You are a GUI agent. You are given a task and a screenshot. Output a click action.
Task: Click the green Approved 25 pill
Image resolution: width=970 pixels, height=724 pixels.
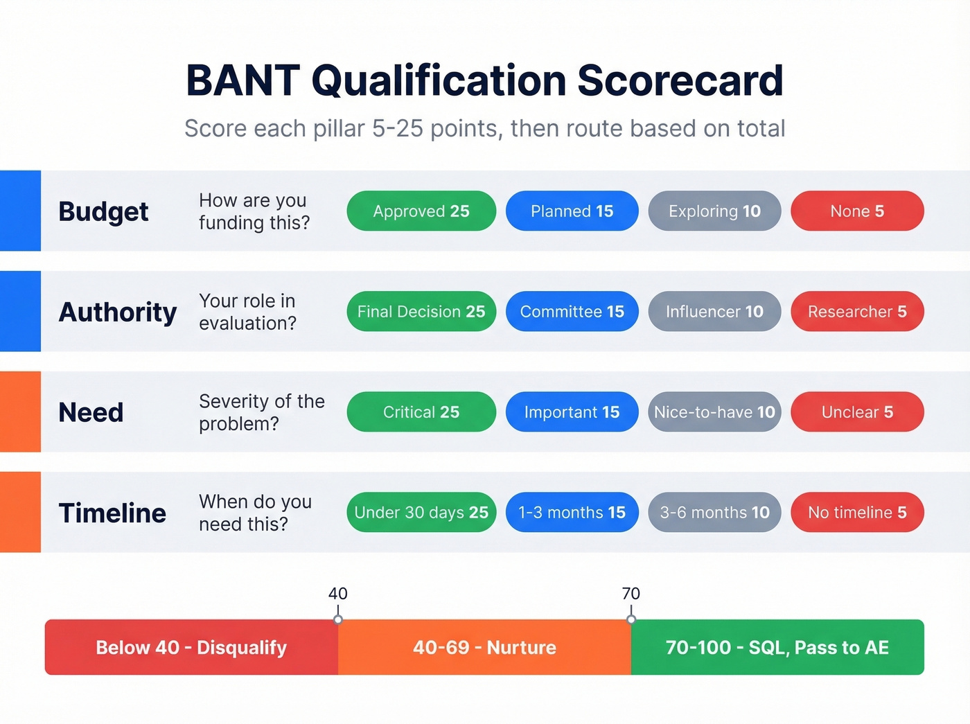point(421,211)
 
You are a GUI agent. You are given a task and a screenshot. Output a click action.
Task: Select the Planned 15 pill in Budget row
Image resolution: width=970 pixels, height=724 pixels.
point(572,211)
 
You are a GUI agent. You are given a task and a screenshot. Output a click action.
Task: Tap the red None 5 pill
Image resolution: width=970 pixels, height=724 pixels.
point(857,211)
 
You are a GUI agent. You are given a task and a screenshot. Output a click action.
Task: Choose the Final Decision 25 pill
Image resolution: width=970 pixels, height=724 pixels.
point(421,312)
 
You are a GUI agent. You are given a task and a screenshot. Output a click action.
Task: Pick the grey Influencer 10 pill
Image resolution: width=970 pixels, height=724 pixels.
point(714,312)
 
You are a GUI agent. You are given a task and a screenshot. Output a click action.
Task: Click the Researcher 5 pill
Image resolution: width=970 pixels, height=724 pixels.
point(857,312)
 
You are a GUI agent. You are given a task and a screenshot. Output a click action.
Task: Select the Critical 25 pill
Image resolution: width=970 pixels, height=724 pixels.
point(421,412)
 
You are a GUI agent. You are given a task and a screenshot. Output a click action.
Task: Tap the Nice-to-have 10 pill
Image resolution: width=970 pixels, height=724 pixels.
point(714,412)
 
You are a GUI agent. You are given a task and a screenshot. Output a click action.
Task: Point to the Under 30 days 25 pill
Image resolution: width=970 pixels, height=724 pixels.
point(421,513)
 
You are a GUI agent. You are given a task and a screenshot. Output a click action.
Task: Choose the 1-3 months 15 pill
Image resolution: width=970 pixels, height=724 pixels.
point(572,513)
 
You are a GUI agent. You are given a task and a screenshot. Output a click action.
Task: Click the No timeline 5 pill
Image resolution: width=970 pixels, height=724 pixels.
point(857,513)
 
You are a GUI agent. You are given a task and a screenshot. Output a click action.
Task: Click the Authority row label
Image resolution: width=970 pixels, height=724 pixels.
point(118,312)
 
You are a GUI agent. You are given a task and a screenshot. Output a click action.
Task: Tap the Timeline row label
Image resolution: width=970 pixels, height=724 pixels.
point(112,513)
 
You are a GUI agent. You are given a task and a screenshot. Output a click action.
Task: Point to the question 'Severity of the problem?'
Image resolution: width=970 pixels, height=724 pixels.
point(261,412)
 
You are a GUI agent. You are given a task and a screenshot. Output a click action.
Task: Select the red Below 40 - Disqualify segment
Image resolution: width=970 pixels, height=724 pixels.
point(191,647)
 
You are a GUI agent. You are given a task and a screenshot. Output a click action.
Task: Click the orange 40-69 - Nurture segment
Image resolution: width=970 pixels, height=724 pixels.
point(484,647)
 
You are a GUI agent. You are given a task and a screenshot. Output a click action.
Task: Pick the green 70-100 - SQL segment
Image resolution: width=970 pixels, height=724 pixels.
point(777,647)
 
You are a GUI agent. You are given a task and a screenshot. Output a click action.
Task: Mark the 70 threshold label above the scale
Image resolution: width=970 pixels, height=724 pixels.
point(630,594)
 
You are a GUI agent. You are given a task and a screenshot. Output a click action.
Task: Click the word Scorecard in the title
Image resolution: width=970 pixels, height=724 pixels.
point(680,80)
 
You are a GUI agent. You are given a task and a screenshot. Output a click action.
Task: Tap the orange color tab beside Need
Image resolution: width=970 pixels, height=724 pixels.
point(20,412)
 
